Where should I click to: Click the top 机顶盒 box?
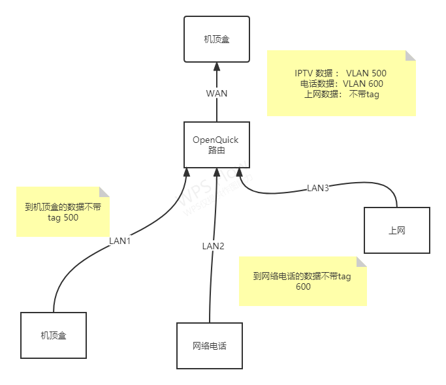216,40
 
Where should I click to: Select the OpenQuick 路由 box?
215,145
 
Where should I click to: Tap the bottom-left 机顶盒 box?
54,335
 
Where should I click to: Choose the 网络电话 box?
210,346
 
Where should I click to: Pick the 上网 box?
397,230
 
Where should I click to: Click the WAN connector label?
217,93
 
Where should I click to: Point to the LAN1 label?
120,241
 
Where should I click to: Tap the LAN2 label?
213,246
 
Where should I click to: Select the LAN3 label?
318,188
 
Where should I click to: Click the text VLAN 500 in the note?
366,73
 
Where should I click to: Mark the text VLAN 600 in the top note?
363,84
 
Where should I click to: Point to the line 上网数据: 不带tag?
342,94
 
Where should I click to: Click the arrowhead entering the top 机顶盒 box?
217,67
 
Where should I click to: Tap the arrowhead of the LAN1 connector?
187,172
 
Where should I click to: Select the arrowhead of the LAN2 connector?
216,172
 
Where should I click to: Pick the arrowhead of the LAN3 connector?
240,172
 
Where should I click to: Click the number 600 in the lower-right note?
303,286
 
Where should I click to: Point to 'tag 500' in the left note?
63,218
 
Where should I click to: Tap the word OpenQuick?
215,140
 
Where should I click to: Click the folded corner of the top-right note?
411,55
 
